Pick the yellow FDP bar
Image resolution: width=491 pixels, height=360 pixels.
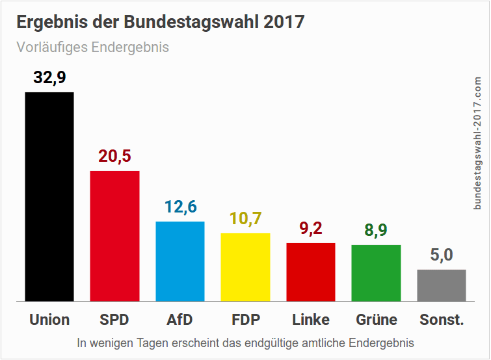pos(245,267)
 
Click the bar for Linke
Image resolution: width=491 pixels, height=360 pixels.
pos(311,272)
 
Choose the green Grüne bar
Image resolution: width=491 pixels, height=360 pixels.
pos(376,273)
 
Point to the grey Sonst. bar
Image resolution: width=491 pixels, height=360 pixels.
pos(442,285)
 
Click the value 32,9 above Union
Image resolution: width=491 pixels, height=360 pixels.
pos(49,79)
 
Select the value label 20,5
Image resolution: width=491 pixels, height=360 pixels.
pos(114,157)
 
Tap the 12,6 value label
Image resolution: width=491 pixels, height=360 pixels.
pos(180,207)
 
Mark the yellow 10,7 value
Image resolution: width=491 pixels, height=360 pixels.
pos(245,219)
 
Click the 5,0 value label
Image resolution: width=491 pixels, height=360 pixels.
pos(442,255)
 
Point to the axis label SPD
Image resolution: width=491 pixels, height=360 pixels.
pos(114,320)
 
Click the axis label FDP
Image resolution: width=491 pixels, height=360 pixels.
pos(245,320)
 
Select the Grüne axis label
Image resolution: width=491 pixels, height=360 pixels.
pos(377,320)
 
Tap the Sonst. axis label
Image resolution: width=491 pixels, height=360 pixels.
pos(442,320)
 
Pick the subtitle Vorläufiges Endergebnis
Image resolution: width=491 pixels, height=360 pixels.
pos(92,47)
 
